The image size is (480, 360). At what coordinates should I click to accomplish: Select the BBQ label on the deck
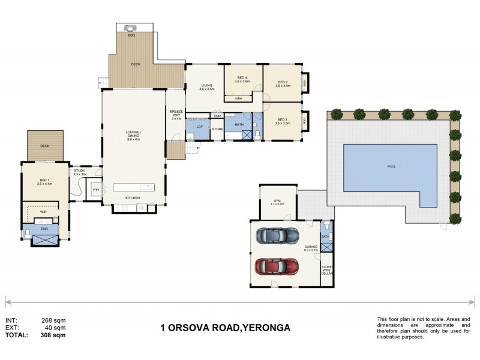pos(131,36)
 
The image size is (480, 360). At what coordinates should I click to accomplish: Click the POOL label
pos(392,166)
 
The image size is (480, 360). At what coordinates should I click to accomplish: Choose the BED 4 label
pos(242,78)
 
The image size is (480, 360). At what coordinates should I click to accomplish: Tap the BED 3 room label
pos(283,120)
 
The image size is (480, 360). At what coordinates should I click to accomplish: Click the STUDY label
pos(79,170)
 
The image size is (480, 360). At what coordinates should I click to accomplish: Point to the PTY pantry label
pos(95,190)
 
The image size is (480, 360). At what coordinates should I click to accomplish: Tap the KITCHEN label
pos(133,198)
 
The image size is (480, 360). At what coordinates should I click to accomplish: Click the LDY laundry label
pos(199,127)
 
